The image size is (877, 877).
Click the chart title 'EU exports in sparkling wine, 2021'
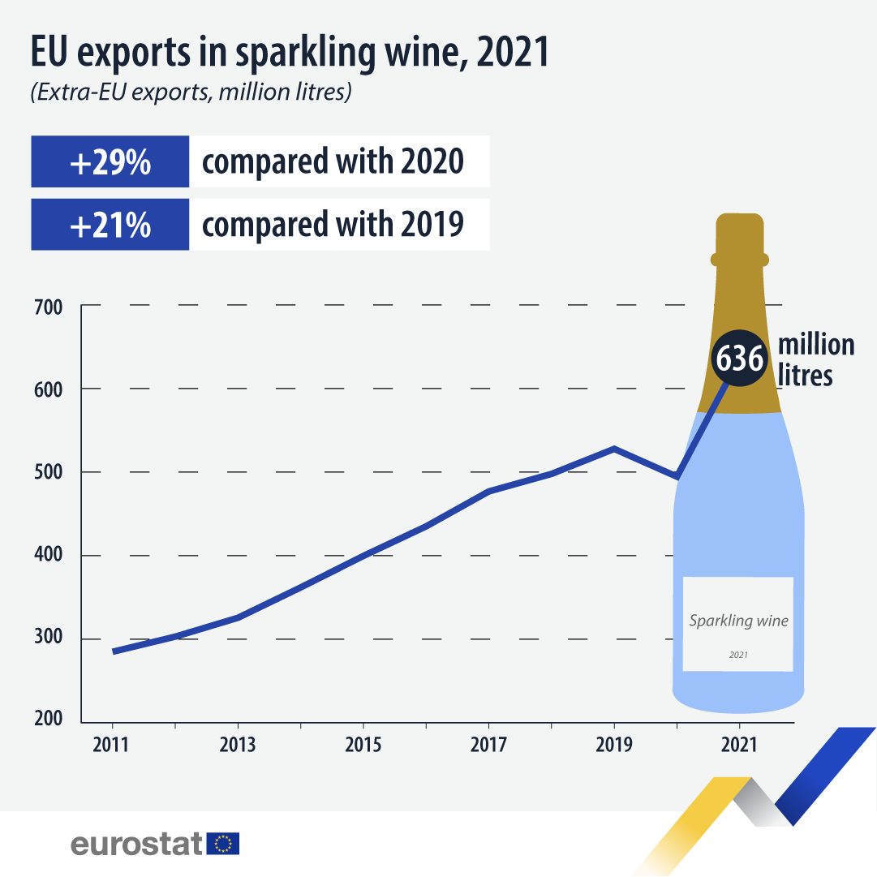coord(290,51)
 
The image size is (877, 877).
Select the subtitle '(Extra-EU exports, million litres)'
coord(191,92)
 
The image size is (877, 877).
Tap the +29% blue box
coord(110,161)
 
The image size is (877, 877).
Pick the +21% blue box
coord(110,225)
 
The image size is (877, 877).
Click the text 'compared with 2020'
coord(333,161)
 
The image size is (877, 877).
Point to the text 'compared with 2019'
coord(333,225)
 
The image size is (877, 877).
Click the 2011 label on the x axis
coord(111,745)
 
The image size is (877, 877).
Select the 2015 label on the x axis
coord(363,745)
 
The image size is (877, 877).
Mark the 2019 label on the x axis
coord(614,745)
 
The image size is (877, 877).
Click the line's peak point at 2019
coord(614,448)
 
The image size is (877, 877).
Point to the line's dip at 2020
coord(677,477)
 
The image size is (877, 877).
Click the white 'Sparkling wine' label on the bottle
coord(737,624)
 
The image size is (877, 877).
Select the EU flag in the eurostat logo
coord(223,844)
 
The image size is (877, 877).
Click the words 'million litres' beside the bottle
coord(815,359)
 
